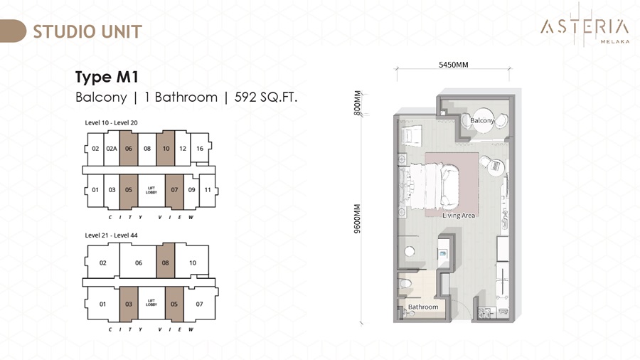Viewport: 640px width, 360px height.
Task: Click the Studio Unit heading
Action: (x=87, y=31)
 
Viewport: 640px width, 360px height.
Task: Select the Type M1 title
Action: (x=107, y=77)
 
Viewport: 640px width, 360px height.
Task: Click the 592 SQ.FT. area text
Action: (x=266, y=97)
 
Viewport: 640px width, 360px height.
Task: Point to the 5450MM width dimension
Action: (x=454, y=65)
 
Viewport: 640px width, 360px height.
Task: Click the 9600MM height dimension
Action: (x=358, y=218)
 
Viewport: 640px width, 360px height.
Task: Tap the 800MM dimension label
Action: (x=358, y=103)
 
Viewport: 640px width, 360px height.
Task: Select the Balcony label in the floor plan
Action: (x=482, y=120)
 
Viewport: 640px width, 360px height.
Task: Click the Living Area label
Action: (x=459, y=215)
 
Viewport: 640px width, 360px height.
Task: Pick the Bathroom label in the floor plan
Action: (x=423, y=307)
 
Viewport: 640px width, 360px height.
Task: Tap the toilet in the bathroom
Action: (x=405, y=282)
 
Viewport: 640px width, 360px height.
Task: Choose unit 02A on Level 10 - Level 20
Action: (x=112, y=148)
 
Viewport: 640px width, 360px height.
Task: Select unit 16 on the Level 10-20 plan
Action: (x=200, y=149)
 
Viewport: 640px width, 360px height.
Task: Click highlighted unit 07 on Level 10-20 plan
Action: (x=174, y=190)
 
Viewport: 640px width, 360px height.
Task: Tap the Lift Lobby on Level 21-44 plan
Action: (x=151, y=303)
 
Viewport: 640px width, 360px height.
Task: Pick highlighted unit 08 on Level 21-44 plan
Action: (x=165, y=263)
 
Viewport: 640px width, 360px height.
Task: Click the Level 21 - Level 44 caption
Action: (x=111, y=235)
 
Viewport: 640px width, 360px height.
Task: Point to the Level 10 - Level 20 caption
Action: (x=111, y=122)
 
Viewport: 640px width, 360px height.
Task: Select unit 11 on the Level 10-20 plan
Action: (x=208, y=190)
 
